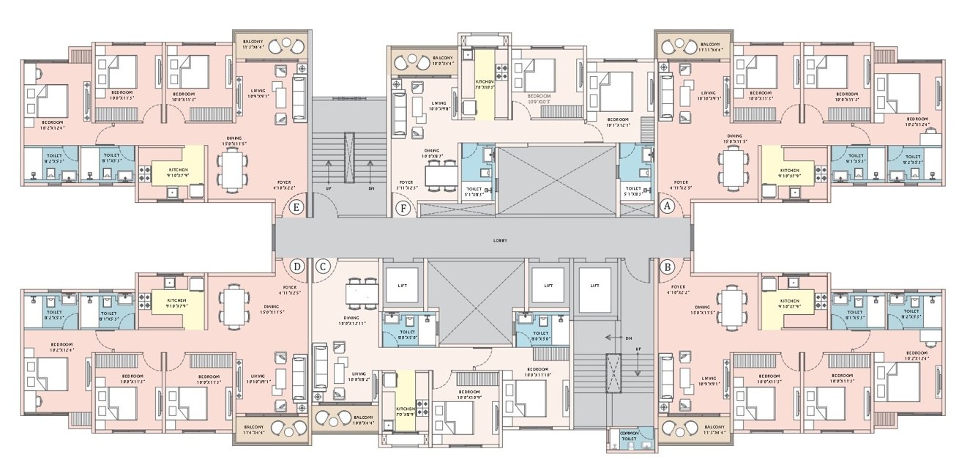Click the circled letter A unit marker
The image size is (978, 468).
coord(666,207)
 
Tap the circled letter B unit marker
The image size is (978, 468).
coord(666,267)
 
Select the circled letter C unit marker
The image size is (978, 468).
coord(322,267)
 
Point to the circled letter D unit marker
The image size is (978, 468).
coord(297,265)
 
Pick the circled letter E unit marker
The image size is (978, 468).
coord(297,207)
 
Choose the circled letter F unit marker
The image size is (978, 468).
coord(400,207)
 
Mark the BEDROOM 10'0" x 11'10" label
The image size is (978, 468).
coord(537,371)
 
